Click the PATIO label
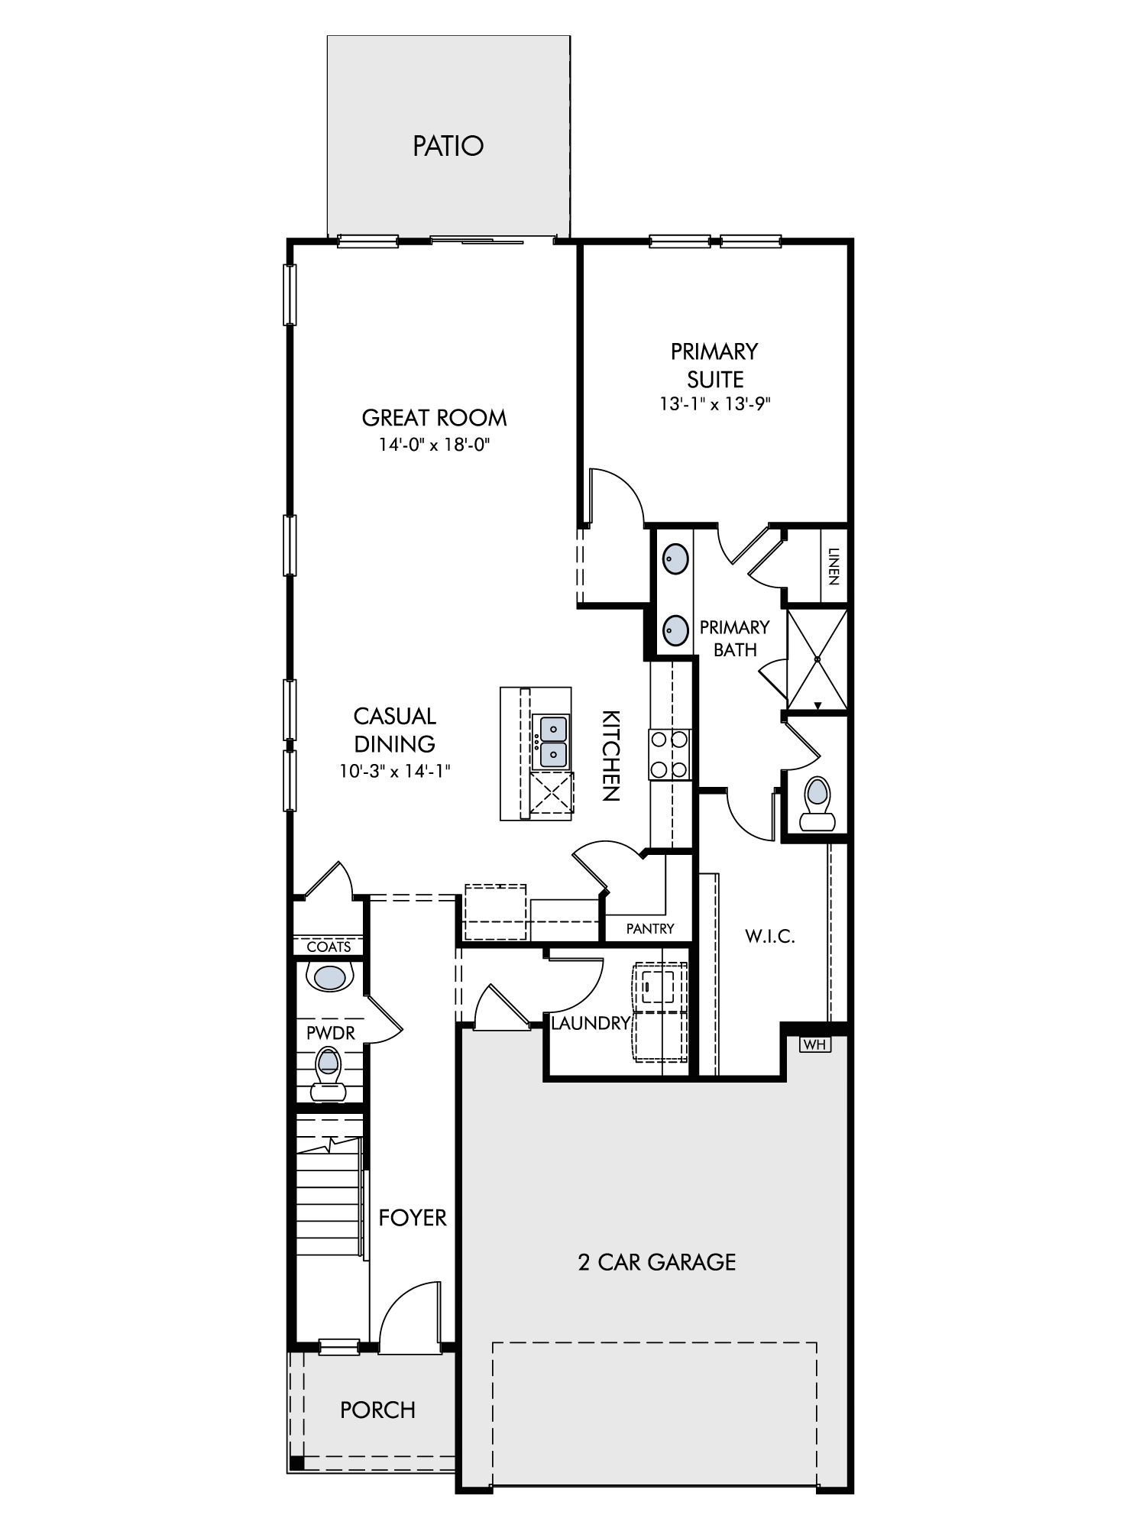(x=448, y=146)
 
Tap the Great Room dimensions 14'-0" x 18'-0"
(x=434, y=444)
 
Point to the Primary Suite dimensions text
(x=715, y=404)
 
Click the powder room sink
(x=330, y=977)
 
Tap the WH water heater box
(x=815, y=1044)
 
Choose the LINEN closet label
(x=834, y=566)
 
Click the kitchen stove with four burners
(x=670, y=754)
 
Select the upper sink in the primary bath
(x=675, y=558)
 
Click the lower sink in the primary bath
(x=675, y=630)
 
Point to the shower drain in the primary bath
(x=817, y=659)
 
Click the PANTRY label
(x=650, y=928)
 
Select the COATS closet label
(x=329, y=947)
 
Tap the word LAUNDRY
(x=591, y=1023)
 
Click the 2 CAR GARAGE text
(x=657, y=1261)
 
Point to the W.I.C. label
(x=770, y=936)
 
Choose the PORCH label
(x=378, y=1410)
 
